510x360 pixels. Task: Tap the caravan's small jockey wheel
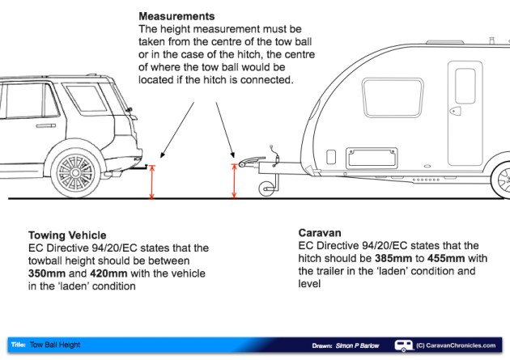click(264, 189)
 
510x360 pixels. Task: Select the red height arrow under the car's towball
click(151, 182)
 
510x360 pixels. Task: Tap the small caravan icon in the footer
click(402, 345)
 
